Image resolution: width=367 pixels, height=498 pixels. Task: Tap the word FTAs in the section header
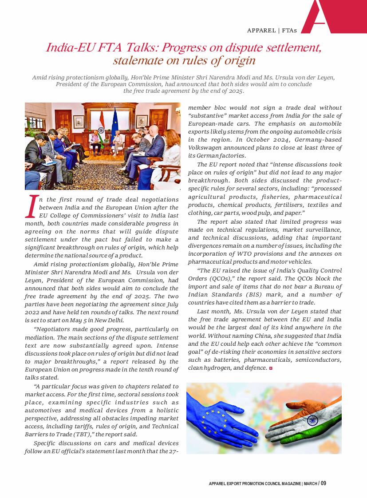coord(289,31)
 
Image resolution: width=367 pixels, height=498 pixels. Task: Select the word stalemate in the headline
coord(134,60)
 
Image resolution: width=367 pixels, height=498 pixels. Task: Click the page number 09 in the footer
coord(323,483)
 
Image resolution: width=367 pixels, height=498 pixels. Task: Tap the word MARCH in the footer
coord(310,483)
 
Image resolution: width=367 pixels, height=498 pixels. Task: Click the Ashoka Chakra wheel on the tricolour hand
coord(312,420)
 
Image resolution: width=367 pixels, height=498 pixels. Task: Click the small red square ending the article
coord(271,368)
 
